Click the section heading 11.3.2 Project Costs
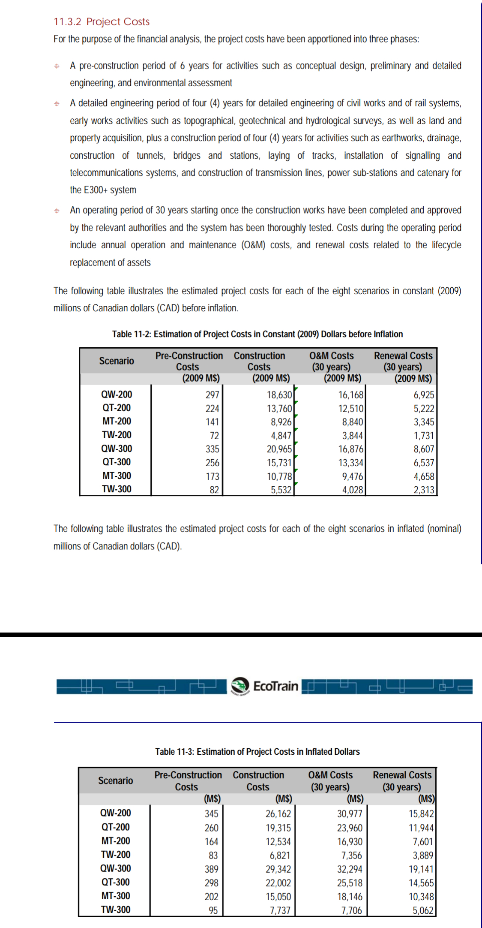[102, 22]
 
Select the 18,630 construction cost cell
[279, 395]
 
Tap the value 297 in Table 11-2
[212, 395]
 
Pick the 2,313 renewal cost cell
[424, 490]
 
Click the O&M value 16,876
[350, 449]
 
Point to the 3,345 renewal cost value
[424, 422]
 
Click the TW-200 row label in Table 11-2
[117, 435]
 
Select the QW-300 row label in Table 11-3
[116, 868]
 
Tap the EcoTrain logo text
[275, 686]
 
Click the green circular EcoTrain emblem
[240, 686]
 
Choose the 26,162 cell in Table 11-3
[278, 814]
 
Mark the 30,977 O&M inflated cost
[350, 814]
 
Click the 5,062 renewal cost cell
[423, 910]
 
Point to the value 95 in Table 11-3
[213, 910]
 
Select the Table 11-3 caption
[257, 752]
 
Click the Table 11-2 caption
[257, 334]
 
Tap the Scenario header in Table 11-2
[117, 361]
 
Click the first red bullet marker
[57, 66]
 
